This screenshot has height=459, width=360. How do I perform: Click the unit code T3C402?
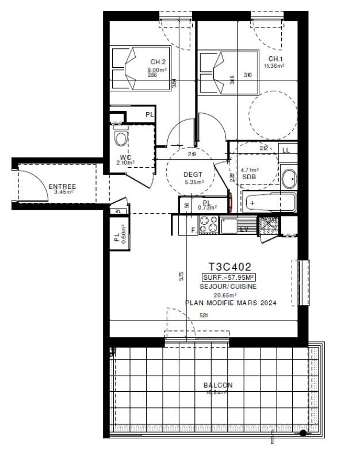point(229,267)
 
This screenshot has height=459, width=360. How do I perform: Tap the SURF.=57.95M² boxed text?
point(230,277)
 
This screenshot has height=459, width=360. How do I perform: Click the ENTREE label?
point(62,186)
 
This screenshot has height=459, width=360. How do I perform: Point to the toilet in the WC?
point(120,139)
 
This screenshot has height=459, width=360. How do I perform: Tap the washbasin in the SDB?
point(288,178)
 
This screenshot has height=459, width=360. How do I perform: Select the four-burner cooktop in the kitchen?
point(208,225)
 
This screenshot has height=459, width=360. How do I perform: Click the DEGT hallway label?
point(190,175)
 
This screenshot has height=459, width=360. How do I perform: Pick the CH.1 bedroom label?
point(275,59)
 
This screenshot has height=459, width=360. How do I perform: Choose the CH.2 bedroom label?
point(158,62)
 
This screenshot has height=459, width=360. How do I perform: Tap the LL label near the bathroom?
point(286,150)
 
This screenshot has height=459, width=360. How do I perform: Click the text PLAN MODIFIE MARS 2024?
point(230,303)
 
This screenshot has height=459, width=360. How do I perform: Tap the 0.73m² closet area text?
point(207,207)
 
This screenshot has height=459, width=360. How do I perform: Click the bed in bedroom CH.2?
point(131,70)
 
